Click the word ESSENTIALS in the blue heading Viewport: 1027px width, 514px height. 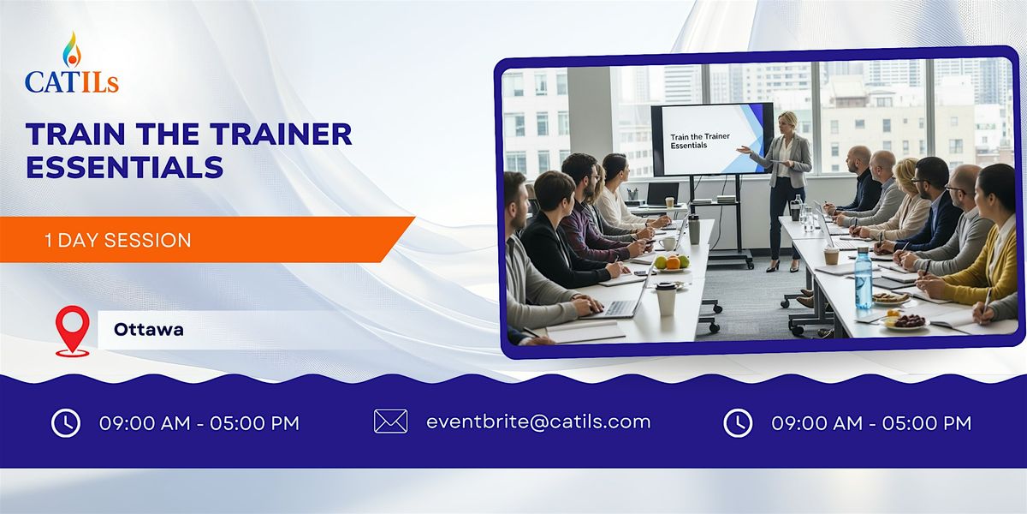coord(125,166)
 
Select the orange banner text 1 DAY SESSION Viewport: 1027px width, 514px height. coord(118,241)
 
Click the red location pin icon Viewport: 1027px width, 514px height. coord(73,331)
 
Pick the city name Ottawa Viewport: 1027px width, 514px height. coord(148,330)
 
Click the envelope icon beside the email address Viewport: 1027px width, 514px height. coord(390,421)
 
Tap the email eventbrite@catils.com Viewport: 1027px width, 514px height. coord(538,421)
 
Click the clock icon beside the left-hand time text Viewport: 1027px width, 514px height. coord(66,422)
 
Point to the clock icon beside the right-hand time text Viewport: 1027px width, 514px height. coord(738,422)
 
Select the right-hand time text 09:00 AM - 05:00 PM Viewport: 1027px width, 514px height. coord(871,422)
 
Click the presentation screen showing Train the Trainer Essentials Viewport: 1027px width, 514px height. coord(711,139)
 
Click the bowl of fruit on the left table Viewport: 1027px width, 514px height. coord(673,262)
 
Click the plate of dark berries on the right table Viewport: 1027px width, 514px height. coord(907,321)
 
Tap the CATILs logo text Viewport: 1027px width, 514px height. coord(72,82)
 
